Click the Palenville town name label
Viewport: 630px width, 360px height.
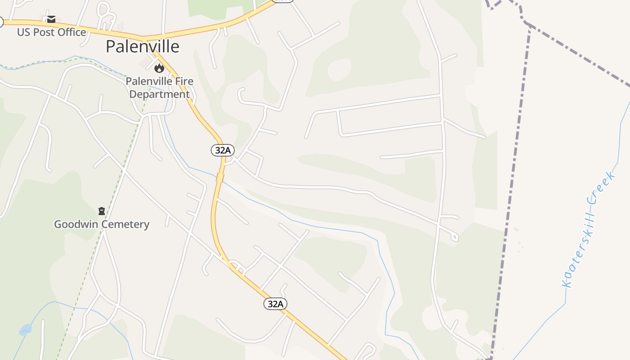(x=142, y=46)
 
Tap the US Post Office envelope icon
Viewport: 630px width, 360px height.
(x=51, y=19)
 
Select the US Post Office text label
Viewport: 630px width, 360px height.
(x=51, y=32)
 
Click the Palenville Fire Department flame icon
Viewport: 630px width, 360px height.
(x=159, y=68)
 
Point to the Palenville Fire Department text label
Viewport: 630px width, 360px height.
(x=159, y=88)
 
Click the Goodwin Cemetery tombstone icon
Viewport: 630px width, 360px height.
(x=102, y=211)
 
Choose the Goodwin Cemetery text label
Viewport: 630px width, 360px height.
(x=102, y=224)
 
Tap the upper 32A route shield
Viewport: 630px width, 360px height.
(x=223, y=150)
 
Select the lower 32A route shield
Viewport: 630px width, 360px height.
(x=275, y=304)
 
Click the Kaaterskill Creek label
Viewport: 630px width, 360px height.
(x=589, y=229)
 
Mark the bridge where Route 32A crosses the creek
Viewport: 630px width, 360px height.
(x=220, y=177)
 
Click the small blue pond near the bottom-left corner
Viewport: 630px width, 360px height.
(x=26, y=329)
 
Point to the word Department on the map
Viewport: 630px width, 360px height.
(x=159, y=94)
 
